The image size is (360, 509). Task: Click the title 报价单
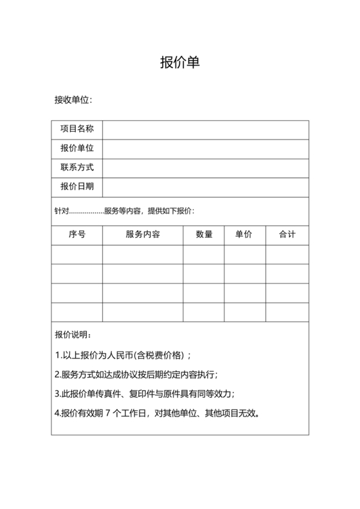[180, 62]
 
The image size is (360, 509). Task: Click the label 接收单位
[73, 100]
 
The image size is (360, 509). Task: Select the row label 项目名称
[76, 129]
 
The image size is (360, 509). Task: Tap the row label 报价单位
[76, 148]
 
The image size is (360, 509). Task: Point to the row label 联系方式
[76, 168]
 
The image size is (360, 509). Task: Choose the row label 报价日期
[76, 187]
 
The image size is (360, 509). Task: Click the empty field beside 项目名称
[205, 129]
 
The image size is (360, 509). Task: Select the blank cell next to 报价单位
[205, 148]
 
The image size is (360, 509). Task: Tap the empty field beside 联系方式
[205, 168]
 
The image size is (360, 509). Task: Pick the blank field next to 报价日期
[205, 187]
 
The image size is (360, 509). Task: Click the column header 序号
[76, 235]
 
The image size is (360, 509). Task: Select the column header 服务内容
[143, 235]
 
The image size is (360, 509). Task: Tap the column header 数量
[204, 235]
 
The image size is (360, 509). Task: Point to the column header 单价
[245, 235]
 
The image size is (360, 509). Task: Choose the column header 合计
[287, 235]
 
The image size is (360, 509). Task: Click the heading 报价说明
[73, 335]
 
